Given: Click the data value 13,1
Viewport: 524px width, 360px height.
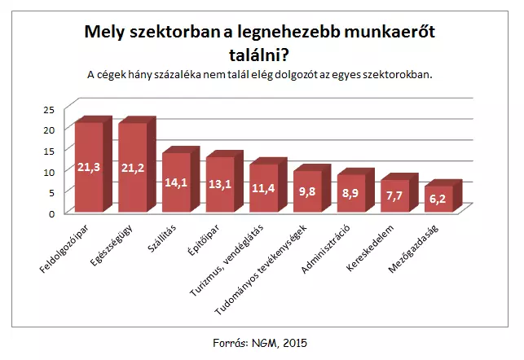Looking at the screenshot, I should [219, 183].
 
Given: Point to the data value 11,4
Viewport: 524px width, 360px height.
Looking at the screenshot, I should [263, 188].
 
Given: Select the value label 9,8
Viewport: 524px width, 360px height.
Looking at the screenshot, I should [306, 191].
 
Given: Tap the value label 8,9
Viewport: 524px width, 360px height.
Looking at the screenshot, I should [350, 194].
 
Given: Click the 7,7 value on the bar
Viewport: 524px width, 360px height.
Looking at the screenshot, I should [394, 196].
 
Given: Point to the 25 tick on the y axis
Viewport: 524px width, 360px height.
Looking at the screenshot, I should [48, 109].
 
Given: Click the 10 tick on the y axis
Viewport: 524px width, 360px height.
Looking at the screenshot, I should [48, 172].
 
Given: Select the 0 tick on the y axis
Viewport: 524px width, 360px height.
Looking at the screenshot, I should [51, 213].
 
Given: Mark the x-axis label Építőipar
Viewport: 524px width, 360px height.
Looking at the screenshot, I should [205, 235].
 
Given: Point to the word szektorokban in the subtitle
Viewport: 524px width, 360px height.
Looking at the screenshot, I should [393, 74].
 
